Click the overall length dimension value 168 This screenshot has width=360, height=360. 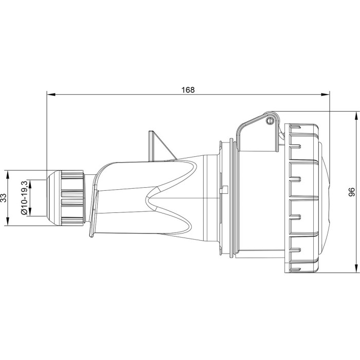click(x=188, y=89)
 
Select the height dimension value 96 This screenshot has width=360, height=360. click(x=351, y=192)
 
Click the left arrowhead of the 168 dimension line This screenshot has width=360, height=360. click(x=49, y=94)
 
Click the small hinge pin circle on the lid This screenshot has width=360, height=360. click(x=269, y=121)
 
